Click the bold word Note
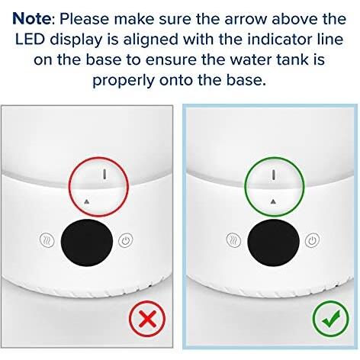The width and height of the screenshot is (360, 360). pyautogui.click(x=32, y=18)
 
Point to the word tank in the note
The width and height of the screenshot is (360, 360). pyautogui.click(x=292, y=59)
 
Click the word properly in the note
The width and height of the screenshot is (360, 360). pyautogui.click(x=123, y=81)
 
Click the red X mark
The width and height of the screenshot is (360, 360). pyautogui.click(x=147, y=319)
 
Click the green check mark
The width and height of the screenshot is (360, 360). pyautogui.click(x=330, y=319)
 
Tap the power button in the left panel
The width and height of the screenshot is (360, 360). pyautogui.click(x=126, y=240)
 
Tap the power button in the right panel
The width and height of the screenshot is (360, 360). pyautogui.click(x=312, y=240)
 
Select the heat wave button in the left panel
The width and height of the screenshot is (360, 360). pyautogui.click(x=47, y=240)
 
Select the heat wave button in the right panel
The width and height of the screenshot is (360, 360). pyautogui.click(x=233, y=240)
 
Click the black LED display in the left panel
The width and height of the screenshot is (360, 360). pyautogui.click(x=87, y=243)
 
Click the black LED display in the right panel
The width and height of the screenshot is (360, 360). pyautogui.click(x=273, y=243)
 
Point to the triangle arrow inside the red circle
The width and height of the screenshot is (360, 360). pyautogui.click(x=87, y=201)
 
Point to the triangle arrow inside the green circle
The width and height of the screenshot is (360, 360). pyautogui.click(x=273, y=201)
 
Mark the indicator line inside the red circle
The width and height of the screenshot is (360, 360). pyautogui.click(x=104, y=174)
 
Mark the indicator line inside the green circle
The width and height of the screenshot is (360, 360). pyautogui.click(x=274, y=175)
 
